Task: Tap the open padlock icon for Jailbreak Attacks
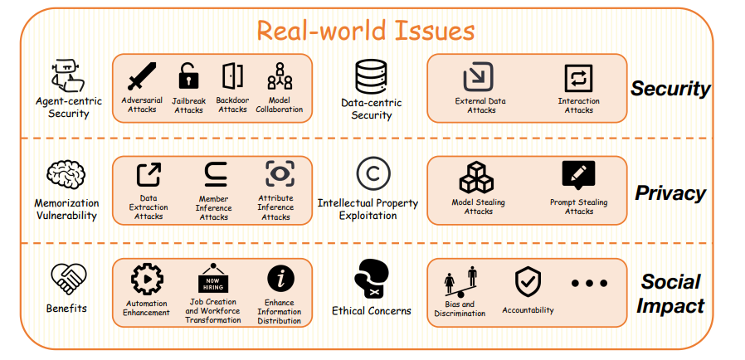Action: click(188, 77)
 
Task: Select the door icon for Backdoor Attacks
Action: click(232, 76)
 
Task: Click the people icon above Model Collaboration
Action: click(279, 76)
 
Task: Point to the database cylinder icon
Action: click(371, 77)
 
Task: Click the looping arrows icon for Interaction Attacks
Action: click(578, 78)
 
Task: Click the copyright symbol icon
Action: click(372, 174)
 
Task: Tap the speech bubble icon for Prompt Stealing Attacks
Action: click(578, 175)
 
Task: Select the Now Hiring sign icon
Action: click(213, 280)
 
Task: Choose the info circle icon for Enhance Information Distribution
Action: click(280, 278)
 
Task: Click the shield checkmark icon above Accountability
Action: click(528, 283)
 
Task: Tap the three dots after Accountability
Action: click(590, 283)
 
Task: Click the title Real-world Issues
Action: click(365, 31)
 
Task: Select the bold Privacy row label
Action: click(670, 193)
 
